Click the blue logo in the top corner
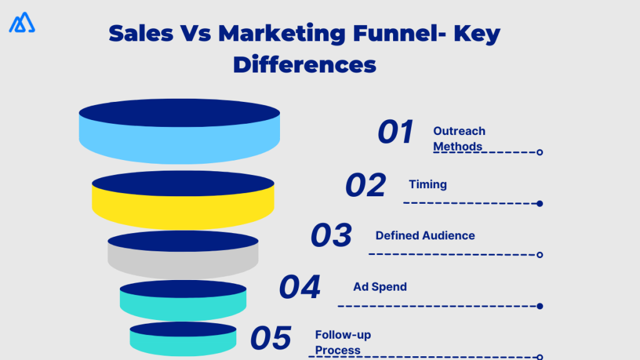coord(22,22)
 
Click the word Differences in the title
coord(304,64)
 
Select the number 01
coord(396,132)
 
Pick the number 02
coord(366,186)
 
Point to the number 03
coord(331,236)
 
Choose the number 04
coord(299,287)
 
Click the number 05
coord(271,338)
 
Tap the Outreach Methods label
coord(459,139)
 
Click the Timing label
coord(427,184)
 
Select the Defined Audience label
coord(425,236)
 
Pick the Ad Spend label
coord(380,287)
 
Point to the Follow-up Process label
coord(342,342)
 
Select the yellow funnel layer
coord(183,204)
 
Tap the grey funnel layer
coord(183,261)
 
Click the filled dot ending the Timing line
coord(539,203)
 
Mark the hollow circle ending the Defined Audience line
coord(539,254)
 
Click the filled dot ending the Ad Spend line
coord(539,306)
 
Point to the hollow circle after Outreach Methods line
coord(539,152)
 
